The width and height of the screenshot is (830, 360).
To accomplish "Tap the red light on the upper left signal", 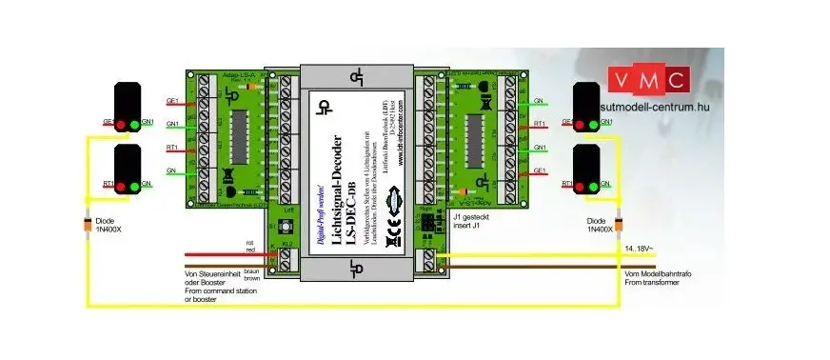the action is [x=120, y=123].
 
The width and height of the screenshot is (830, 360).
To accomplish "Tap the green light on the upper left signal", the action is [x=134, y=123].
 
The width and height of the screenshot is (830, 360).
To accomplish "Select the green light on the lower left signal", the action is [x=134, y=185].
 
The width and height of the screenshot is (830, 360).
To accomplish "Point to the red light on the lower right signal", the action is [x=581, y=185].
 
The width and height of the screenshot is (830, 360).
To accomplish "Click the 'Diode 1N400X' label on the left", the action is [x=94, y=230].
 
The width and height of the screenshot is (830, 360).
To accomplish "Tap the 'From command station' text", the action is [x=218, y=290].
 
